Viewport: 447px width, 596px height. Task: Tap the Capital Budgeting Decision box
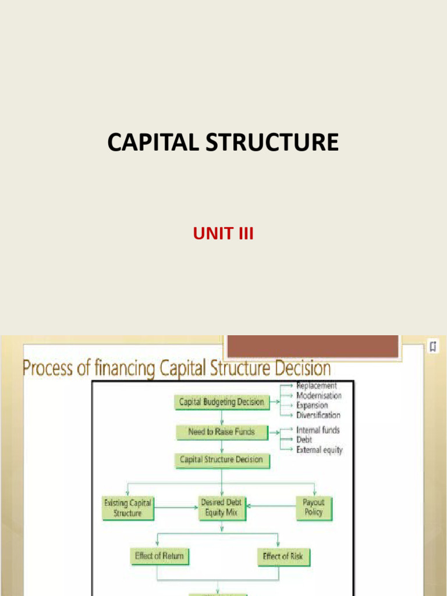[x=221, y=402]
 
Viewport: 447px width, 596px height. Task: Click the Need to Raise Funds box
[x=221, y=432]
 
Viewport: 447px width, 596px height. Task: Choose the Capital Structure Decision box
[x=221, y=460]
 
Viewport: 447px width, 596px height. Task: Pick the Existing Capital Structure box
[x=127, y=507]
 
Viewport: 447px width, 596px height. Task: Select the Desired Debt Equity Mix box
[x=221, y=507]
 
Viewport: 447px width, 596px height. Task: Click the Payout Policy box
[x=314, y=507]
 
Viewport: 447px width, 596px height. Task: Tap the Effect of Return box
[x=159, y=556]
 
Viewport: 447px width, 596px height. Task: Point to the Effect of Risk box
[x=283, y=556]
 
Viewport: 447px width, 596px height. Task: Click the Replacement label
[x=317, y=385]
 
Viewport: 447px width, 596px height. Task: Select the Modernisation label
[x=319, y=396]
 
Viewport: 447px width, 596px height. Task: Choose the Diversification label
[x=318, y=415]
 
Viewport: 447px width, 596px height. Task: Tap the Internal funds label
[x=318, y=430]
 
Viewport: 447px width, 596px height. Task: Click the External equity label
[x=320, y=450]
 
